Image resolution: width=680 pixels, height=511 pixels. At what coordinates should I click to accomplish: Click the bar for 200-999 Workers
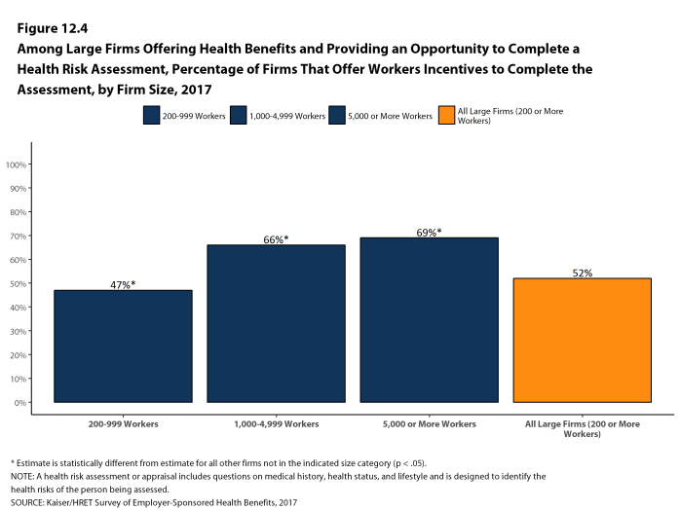coord(123,346)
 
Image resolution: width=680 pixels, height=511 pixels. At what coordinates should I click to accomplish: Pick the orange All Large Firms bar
coord(582,340)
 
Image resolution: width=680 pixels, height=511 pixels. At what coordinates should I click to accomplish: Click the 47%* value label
coord(123,284)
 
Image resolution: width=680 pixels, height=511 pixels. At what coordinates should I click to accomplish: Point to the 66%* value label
coord(276,239)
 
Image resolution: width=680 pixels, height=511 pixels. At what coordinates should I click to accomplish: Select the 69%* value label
coord(429,233)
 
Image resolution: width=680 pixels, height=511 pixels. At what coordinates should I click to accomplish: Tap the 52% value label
coord(582,273)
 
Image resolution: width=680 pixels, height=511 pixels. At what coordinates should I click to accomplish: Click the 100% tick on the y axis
coord(17,164)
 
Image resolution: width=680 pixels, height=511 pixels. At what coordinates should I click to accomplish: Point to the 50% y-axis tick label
coord(19,283)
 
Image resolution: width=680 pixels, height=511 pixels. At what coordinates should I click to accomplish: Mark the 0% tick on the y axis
coord(20,402)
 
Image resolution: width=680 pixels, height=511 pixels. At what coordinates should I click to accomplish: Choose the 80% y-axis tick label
coord(19,212)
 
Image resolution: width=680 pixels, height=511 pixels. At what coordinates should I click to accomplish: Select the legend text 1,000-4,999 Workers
coord(288,116)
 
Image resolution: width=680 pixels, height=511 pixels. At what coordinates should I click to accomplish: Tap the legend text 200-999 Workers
coord(194,116)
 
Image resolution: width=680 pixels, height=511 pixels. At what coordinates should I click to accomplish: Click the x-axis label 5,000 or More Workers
coord(429,425)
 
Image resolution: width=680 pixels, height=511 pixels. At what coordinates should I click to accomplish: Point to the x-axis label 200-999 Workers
coord(123,425)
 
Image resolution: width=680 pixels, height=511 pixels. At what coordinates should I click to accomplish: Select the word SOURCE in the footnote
coord(27,502)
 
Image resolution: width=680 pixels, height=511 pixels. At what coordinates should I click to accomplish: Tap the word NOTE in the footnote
coord(23,476)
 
